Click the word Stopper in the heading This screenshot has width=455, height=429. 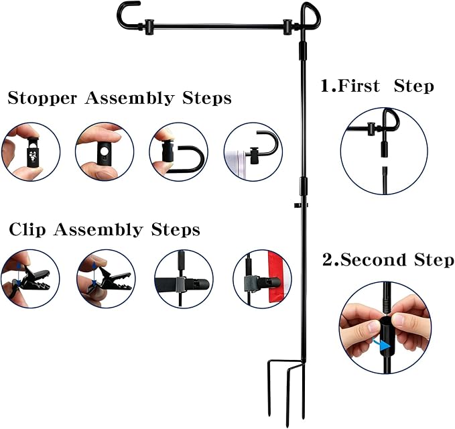42,99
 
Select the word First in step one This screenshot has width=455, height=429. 359,86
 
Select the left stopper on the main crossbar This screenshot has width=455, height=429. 148,27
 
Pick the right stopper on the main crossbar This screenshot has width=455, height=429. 287,27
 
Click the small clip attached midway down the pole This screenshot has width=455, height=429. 301,206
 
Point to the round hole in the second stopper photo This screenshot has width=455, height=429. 104,151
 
